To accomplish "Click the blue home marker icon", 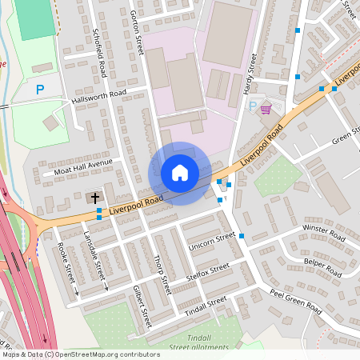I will coord(180,173).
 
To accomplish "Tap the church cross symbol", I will coord(94,197).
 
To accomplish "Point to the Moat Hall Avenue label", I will coord(84,166).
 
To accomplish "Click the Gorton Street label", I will coord(137,32).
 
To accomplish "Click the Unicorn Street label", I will coord(212,242).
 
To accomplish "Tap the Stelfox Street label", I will coord(206,270).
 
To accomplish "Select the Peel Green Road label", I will coord(295,302).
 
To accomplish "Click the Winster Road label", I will coord(323,233).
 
